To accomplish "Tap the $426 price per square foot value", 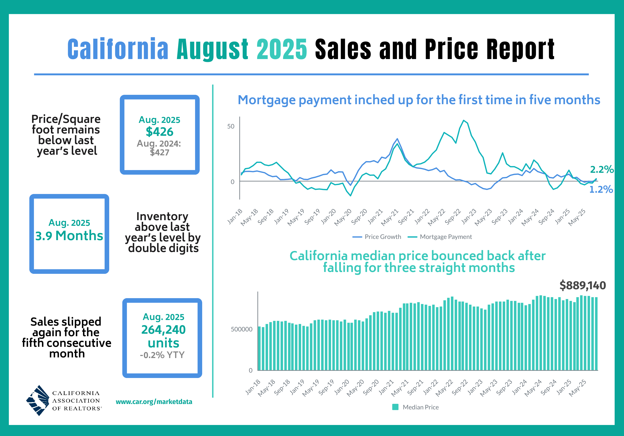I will [160, 132].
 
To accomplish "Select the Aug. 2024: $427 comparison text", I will [159, 148].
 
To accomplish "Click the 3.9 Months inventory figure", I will [69, 236].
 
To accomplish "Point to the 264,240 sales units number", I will [163, 330].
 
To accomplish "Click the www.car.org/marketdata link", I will [154, 402].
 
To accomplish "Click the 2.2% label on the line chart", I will [602, 169].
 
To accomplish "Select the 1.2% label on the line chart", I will [601, 189].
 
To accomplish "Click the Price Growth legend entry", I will [377, 237].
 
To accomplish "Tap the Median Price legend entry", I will [416, 407].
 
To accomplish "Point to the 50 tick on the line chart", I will [231, 126].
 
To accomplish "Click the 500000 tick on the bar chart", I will [242, 329].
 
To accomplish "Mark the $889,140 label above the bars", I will [583, 285].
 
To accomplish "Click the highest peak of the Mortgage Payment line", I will [464, 120].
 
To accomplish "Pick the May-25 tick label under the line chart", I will [577, 217].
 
